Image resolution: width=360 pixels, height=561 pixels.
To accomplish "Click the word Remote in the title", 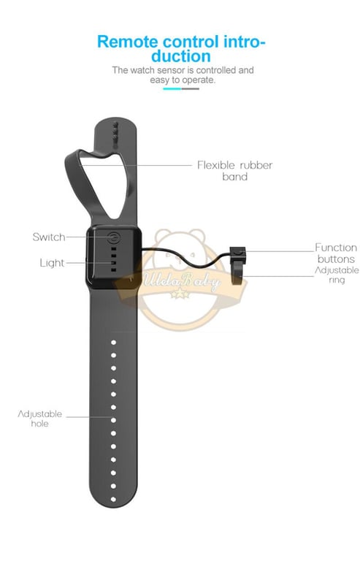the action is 129,42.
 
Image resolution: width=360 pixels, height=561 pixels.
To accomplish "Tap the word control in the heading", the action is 191,42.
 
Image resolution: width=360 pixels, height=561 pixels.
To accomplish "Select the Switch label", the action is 49,237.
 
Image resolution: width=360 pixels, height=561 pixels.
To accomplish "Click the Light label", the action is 52,263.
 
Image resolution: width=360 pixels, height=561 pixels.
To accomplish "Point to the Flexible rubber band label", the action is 235,171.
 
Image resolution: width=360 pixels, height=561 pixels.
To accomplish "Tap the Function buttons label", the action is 336,253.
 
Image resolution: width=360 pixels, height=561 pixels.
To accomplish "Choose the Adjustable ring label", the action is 337,275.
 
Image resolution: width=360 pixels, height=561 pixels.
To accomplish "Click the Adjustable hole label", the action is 39,419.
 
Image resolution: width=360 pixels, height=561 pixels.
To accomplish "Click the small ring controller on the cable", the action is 238,264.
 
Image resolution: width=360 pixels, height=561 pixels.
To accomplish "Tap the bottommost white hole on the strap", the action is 113,499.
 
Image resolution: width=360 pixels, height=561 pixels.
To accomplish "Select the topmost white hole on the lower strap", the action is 113,343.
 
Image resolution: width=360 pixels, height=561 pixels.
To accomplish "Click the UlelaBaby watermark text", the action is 182,280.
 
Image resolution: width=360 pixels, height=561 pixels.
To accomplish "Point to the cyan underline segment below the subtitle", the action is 172,88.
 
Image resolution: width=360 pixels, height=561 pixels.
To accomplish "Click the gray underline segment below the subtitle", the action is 191,88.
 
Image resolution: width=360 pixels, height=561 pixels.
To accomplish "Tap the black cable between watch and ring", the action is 186,258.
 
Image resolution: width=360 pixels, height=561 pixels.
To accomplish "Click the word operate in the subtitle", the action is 199,80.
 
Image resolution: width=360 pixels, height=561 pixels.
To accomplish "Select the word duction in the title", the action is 181,56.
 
